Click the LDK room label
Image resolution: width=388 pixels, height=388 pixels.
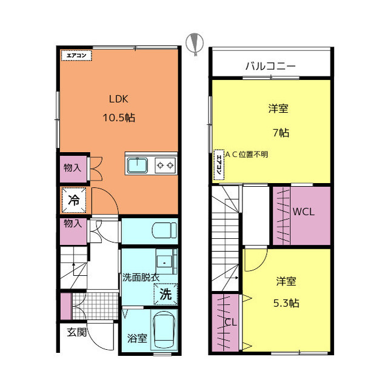point(119,99)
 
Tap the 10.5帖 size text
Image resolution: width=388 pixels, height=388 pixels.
point(119,118)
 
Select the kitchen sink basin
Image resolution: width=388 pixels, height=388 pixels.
point(138,165)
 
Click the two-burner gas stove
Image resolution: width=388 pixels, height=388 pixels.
point(166,165)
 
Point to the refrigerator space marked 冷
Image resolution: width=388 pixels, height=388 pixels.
point(74,200)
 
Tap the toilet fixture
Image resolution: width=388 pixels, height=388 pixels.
point(164,230)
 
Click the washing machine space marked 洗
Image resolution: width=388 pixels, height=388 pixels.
point(166,294)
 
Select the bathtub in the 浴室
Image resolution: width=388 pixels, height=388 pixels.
point(164,330)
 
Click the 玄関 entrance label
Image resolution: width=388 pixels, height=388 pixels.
point(77,332)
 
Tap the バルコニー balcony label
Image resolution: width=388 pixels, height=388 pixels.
point(270,66)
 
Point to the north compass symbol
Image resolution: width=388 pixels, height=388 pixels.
point(195,44)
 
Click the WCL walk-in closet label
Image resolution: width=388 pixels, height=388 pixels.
point(303,212)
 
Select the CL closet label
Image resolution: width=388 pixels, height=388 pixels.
point(230,322)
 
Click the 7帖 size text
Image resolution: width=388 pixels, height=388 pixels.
point(281,133)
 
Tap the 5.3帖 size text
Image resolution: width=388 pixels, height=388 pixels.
point(286,303)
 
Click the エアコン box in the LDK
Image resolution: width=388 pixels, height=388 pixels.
point(76,55)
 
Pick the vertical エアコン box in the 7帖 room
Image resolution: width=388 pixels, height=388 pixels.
point(219,164)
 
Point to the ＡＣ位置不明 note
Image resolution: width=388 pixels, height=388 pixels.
point(247,155)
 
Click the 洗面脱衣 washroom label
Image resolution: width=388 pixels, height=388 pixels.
point(141,278)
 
